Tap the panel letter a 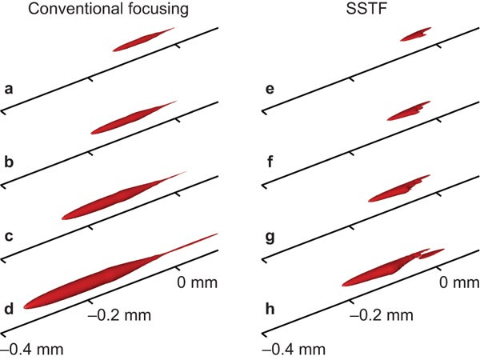[9, 86]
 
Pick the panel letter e [271, 86]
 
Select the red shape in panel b [128, 119]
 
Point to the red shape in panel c [112, 201]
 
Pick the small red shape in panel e [414, 34]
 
